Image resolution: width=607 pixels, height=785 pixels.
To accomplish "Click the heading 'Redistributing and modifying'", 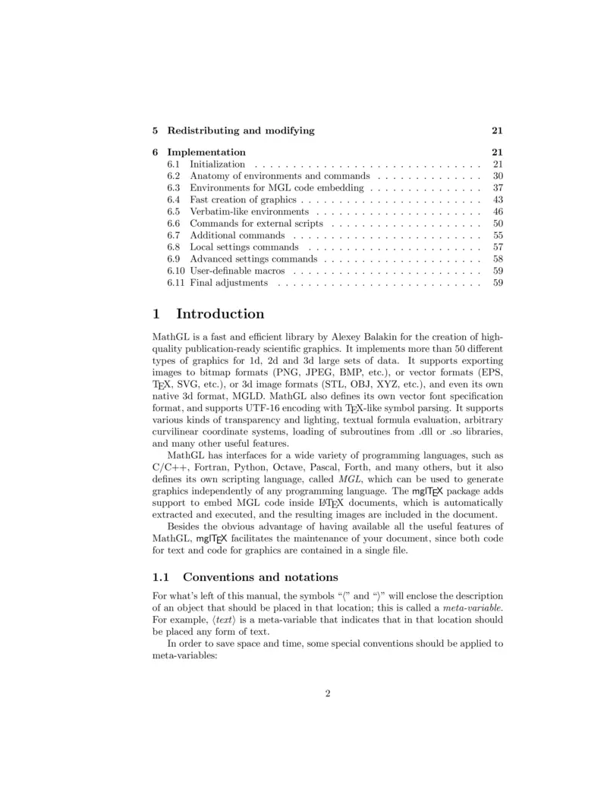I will [x=241, y=130].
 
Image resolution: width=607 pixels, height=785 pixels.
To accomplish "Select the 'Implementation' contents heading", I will [x=206, y=152].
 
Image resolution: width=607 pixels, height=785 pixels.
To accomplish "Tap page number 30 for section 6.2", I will [x=498, y=176].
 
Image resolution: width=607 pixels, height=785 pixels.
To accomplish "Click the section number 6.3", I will [x=173, y=187].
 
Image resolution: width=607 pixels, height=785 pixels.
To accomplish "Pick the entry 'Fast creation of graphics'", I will [x=242, y=199].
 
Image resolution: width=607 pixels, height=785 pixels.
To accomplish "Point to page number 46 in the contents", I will [x=498, y=212].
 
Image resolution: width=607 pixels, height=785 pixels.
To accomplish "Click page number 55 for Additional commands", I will [x=498, y=236].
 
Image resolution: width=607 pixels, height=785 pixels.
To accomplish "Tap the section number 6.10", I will [x=175, y=271].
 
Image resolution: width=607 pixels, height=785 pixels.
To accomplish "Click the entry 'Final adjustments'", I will [x=228, y=283].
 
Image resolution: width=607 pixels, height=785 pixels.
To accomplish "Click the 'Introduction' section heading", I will [x=220, y=314].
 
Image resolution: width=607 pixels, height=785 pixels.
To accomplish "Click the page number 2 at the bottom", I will [x=328, y=692].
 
